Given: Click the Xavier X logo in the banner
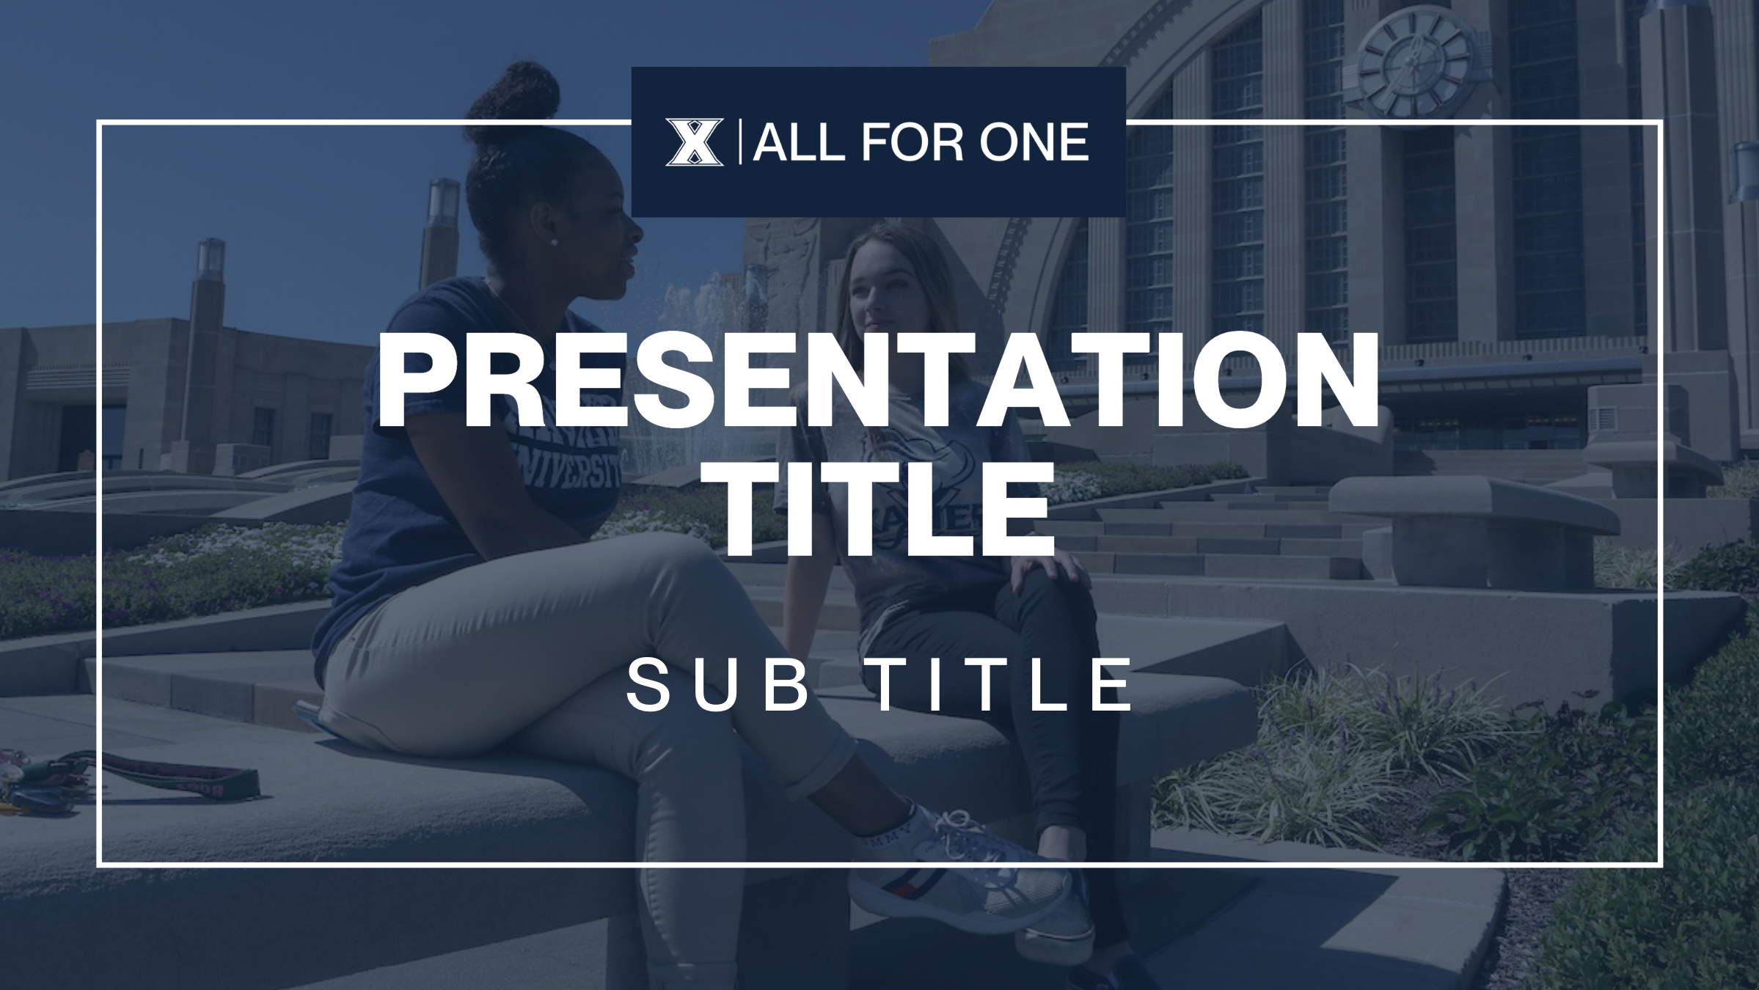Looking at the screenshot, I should click(694, 142).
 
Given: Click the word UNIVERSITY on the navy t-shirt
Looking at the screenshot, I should click(572, 473).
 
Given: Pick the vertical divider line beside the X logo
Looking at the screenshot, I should click(739, 142).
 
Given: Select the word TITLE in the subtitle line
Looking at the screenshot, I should click(1005, 686).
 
